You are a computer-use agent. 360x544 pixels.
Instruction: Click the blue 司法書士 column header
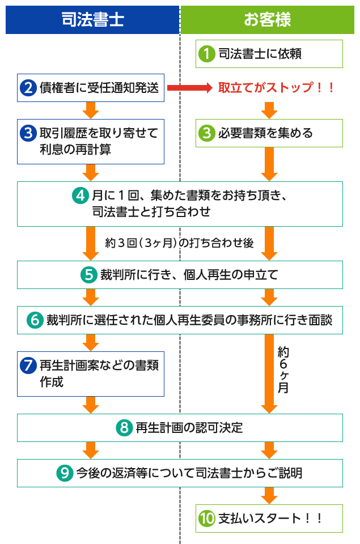click(x=92, y=20)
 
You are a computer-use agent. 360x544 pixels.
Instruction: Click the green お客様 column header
click(x=268, y=20)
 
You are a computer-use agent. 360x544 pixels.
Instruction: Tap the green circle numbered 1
click(x=207, y=54)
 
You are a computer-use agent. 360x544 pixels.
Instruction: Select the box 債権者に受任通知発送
click(x=91, y=88)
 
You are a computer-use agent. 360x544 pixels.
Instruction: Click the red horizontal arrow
click(x=189, y=88)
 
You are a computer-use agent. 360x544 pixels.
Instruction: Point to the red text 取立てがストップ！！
click(x=276, y=87)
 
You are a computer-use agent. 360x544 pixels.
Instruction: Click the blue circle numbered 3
click(x=28, y=133)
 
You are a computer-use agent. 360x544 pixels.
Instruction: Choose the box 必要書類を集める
click(x=269, y=133)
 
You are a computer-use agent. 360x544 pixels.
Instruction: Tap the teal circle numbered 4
click(x=81, y=195)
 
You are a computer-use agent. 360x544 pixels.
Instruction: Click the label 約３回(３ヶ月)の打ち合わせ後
click(x=179, y=243)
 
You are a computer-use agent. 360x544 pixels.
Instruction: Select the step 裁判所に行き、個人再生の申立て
click(x=180, y=275)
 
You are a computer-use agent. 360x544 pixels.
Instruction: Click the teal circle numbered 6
click(x=35, y=320)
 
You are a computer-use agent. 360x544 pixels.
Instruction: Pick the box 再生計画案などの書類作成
click(x=91, y=374)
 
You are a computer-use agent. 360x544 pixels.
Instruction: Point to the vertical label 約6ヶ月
click(x=283, y=370)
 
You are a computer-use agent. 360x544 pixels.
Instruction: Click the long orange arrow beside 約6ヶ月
click(x=269, y=373)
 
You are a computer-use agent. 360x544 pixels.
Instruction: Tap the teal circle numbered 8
click(x=124, y=428)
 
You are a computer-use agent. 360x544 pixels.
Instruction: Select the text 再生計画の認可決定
click(x=189, y=428)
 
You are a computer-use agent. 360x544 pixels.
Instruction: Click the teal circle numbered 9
click(x=65, y=473)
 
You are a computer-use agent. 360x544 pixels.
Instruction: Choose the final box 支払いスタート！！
click(x=269, y=518)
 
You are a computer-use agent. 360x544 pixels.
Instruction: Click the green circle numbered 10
click(x=207, y=518)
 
